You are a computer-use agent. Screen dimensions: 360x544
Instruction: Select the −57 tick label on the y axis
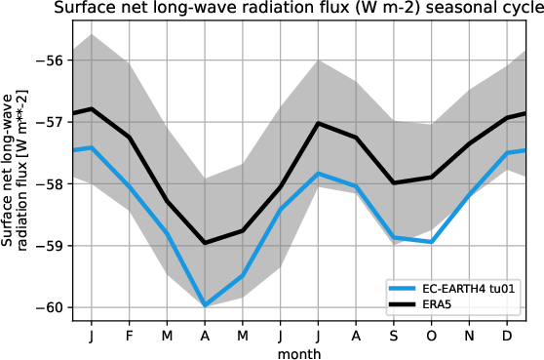pos(49,122)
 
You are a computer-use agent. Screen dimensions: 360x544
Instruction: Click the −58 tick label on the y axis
pos(49,183)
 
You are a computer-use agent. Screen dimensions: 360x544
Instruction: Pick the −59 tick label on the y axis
pos(49,246)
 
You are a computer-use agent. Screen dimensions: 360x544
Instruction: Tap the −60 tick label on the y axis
pos(49,307)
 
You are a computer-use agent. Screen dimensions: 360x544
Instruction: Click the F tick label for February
pos(129,335)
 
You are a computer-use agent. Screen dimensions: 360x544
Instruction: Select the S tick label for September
pos(394,335)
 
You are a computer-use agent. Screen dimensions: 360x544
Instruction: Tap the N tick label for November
pos(470,335)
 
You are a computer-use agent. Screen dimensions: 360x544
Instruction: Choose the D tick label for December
pos(507,335)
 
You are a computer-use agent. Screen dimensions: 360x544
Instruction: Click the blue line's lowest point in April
pos(205,305)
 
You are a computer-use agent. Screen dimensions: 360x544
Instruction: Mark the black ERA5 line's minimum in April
pos(205,243)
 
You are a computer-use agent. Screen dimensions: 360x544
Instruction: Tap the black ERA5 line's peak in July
pos(318,123)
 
